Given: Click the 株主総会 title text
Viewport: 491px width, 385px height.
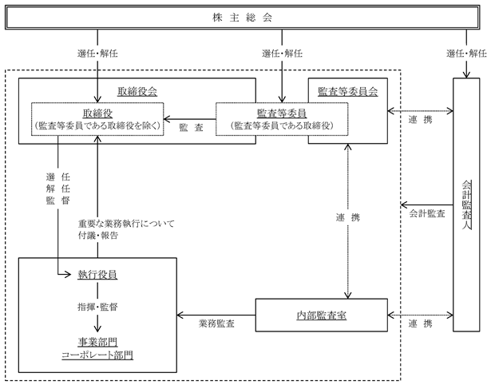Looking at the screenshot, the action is point(242,18).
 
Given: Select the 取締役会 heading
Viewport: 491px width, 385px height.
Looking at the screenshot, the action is point(137,92).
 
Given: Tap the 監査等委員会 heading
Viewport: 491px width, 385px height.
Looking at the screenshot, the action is point(348,92).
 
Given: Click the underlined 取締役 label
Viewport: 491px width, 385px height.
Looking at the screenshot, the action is point(97,113).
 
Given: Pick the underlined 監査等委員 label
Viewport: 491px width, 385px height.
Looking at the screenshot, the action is point(282,113).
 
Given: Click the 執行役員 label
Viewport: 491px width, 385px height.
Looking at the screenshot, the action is point(97,275).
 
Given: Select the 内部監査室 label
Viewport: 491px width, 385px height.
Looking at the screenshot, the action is point(322,316).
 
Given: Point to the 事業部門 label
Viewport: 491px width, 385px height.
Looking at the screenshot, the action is point(97,342).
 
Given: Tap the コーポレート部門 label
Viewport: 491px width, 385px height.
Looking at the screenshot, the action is point(97,355).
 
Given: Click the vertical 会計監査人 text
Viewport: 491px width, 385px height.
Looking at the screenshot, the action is point(466,204).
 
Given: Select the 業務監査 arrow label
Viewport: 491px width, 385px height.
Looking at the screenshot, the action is point(216,323).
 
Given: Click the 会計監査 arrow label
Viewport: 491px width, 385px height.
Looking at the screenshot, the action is point(427,213).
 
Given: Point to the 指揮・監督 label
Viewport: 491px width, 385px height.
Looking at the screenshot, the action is point(97,307).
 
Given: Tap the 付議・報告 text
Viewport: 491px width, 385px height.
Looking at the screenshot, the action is point(98,236).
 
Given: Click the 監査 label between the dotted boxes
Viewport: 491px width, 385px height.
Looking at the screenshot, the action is point(192,127).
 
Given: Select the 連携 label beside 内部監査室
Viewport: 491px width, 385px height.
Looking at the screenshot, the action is point(421,323).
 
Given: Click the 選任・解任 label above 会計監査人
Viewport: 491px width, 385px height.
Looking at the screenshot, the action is point(466,54).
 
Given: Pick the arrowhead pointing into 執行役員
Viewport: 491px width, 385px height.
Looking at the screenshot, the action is point(69,275).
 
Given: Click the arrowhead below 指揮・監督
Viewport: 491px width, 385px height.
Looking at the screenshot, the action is point(97,328).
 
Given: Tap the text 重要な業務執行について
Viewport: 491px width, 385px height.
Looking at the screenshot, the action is point(126,224).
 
